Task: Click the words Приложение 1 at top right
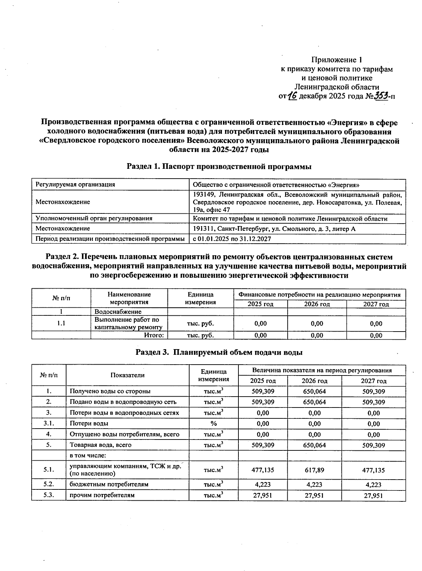pos(337,59)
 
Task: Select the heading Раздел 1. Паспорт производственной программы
pos(219,167)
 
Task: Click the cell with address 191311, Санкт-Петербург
pos(274,229)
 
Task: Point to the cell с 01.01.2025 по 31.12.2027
pos(232,239)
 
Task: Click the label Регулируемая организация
pos(75,185)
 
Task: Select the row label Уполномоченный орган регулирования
pos(94,218)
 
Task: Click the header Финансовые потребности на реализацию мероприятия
pos(319,295)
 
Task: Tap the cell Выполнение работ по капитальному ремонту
pos(129,323)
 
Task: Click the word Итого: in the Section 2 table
pos(154,335)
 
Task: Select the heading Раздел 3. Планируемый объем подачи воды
pos(219,352)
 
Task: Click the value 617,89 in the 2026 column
pos(314,470)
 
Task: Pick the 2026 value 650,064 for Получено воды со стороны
pos(314,391)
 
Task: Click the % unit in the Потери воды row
pos(213,424)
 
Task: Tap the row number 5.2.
pos(49,484)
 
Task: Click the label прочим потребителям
pos(102,495)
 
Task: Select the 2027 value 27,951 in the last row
pos(373,495)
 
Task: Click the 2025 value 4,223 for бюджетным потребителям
pos(263,485)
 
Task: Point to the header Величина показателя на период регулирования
pos(322,371)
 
